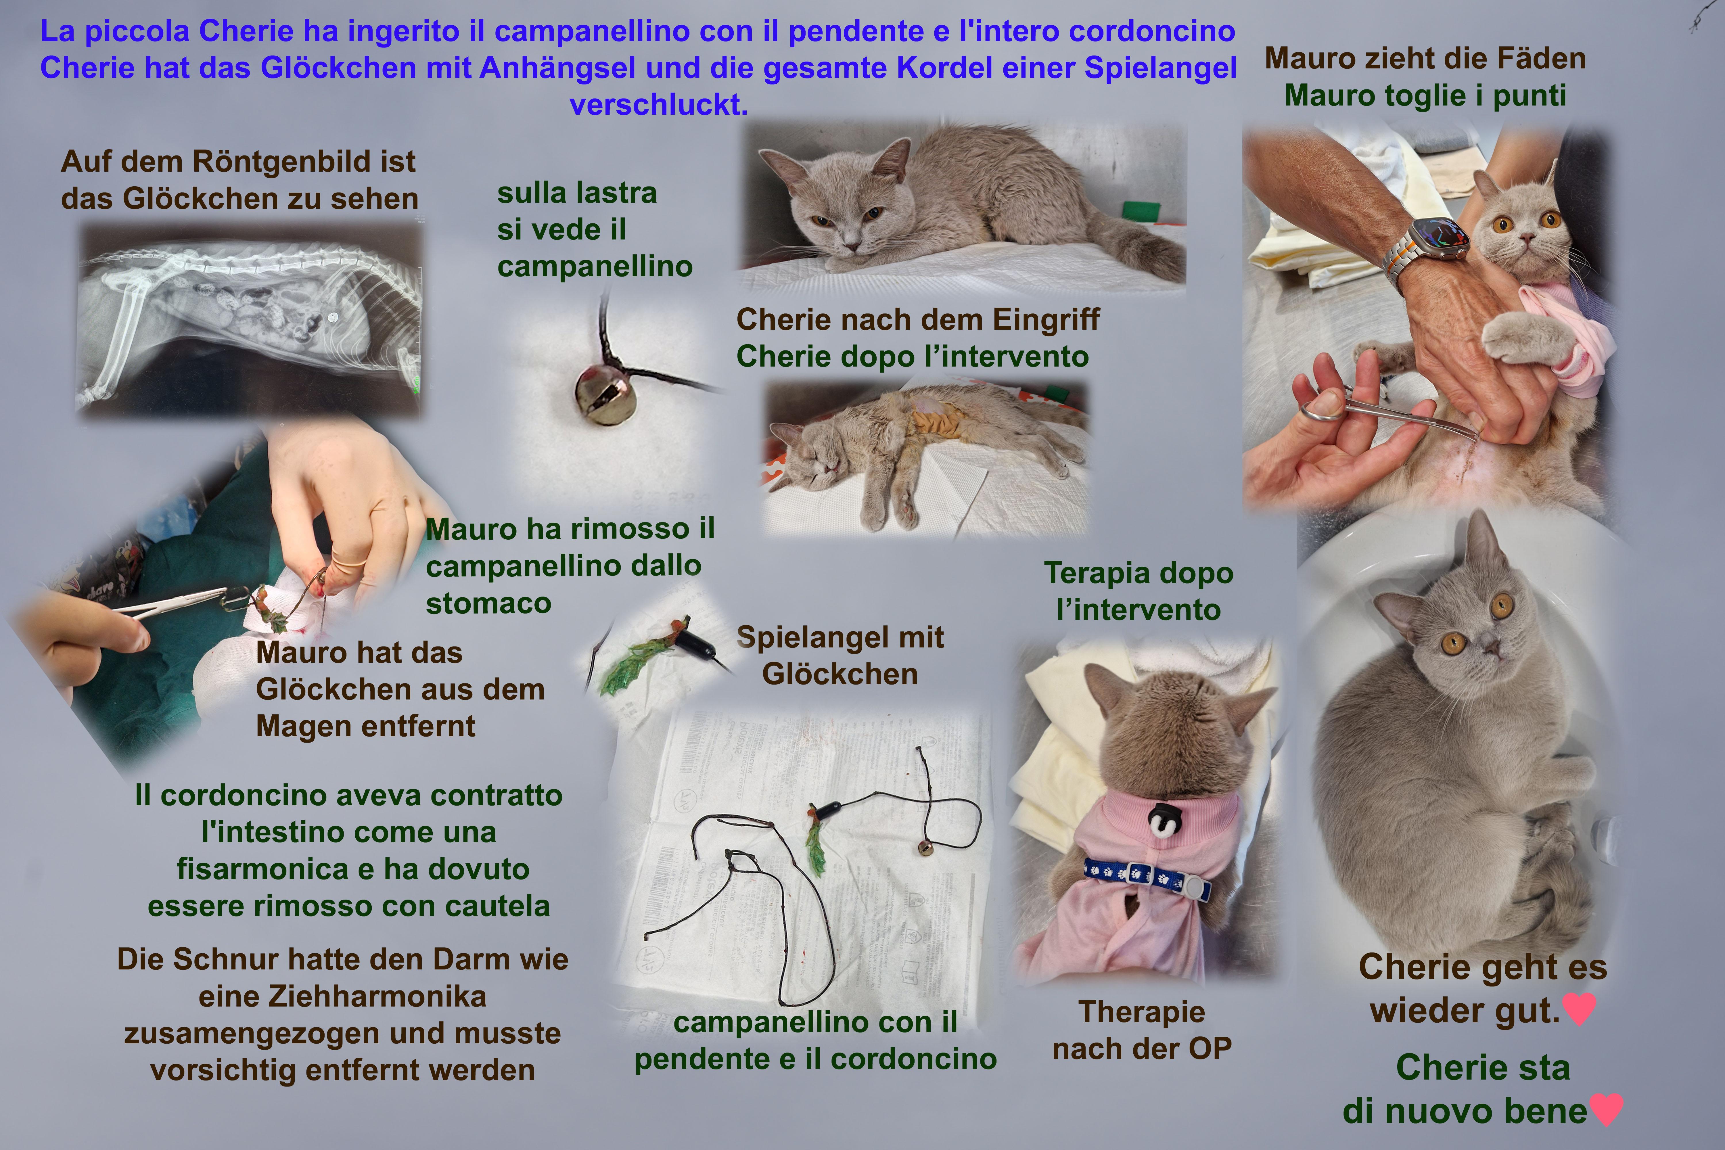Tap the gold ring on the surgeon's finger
point(350,557)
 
